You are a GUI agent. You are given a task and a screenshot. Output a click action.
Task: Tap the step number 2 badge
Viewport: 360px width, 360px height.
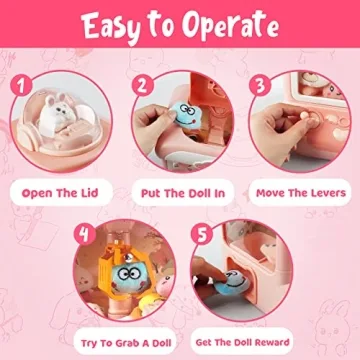(x=143, y=85)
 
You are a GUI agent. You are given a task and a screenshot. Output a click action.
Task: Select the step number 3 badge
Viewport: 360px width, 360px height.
(x=261, y=85)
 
